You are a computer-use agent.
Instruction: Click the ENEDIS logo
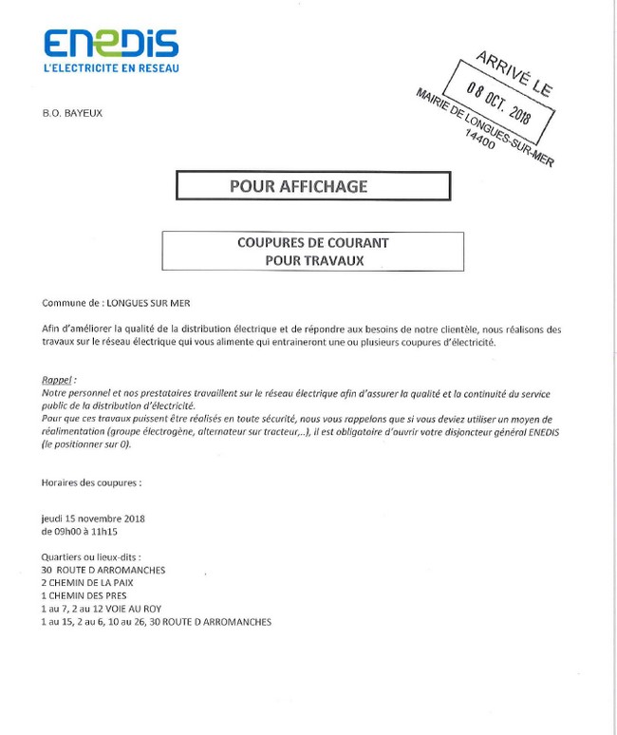click(x=110, y=44)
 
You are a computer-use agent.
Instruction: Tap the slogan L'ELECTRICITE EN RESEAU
click(x=111, y=68)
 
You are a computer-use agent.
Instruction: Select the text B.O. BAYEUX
click(x=72, y=113)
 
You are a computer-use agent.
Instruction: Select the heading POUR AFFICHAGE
click(x=298, y=185)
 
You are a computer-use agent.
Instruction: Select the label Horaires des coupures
click(x=92, y=482)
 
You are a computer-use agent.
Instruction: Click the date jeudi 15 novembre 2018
click(x=87, y=518)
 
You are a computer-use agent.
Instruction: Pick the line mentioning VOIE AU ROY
click(x=102, y=609)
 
